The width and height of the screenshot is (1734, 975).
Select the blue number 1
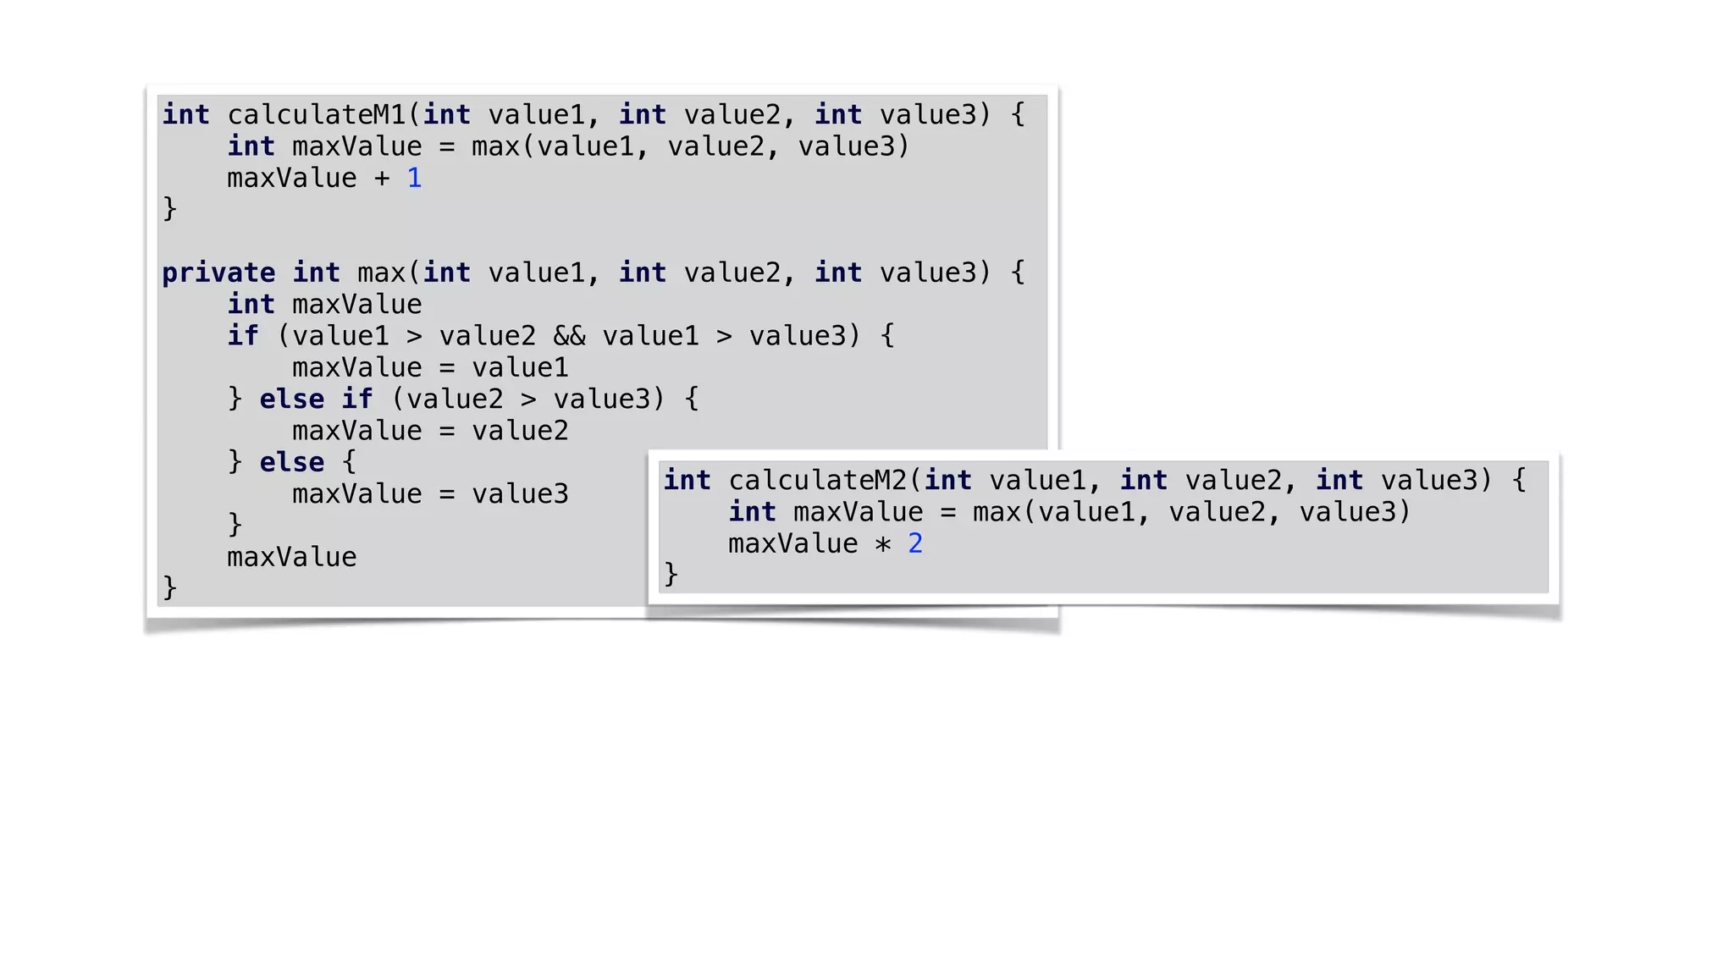tap(414, 179)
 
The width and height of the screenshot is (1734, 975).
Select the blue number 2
tap(915, 544)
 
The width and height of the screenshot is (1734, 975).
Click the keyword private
tap(218, 273)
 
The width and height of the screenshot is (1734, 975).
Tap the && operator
tap(569, 337)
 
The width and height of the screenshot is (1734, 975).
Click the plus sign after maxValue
tap(382, 179)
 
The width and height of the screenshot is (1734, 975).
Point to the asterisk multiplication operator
tap(883, 544)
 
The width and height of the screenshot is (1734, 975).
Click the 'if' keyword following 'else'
tap(356, 399)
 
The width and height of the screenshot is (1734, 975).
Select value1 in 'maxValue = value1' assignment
tap(520, 368)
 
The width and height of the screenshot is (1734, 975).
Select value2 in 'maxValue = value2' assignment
tap(520, 432)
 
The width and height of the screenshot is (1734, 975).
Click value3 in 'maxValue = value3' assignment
tap(520, 494)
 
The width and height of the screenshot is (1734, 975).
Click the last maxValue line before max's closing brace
tap(291, 558)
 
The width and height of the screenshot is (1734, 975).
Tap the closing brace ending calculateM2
tap(671, 575)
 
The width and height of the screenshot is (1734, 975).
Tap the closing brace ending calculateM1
tap(169, 209)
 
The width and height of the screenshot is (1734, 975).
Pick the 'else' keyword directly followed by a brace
tap(291, 463)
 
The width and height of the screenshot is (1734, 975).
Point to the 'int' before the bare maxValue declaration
tap(251, 305)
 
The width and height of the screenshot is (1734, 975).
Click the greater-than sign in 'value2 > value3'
tap(528, 399)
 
